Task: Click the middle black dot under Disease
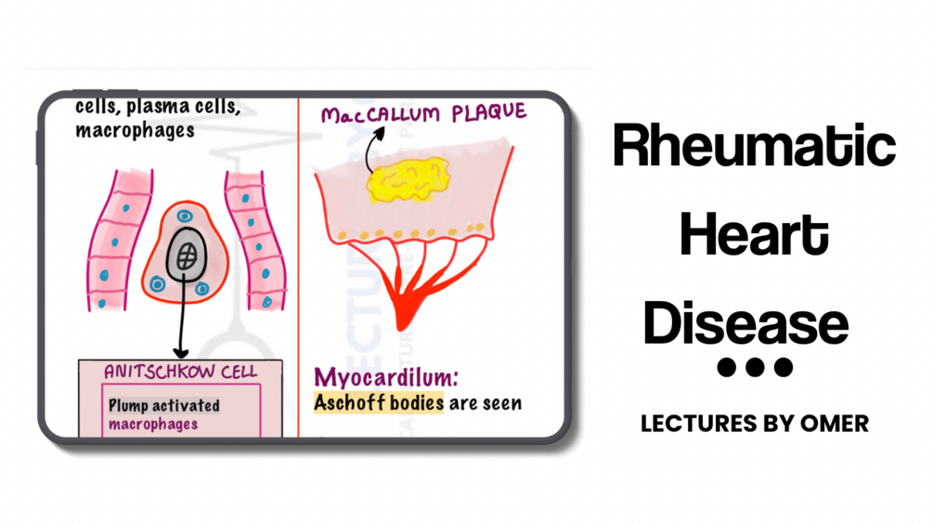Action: pyautogui.click(x=756, y=368)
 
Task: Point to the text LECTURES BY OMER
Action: pyautogui.click(x=754, y=424)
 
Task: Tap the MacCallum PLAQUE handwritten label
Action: pyautogui.click(x=423, y=113)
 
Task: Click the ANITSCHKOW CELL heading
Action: pyautogui.click(x=180, y=372)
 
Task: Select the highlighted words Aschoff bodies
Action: pyautogui.click(x=379, y=403)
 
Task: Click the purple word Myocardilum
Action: pyautogui.click(x=385, y=378)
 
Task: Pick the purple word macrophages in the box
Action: pyautogui.click(x=153, y=424)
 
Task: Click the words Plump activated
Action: pyautogui.click(x=163, y=405)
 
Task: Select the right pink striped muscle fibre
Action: pyautogui.click(x=253, y=237)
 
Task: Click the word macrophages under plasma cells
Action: pyautogui.click(x=135, y=130)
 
